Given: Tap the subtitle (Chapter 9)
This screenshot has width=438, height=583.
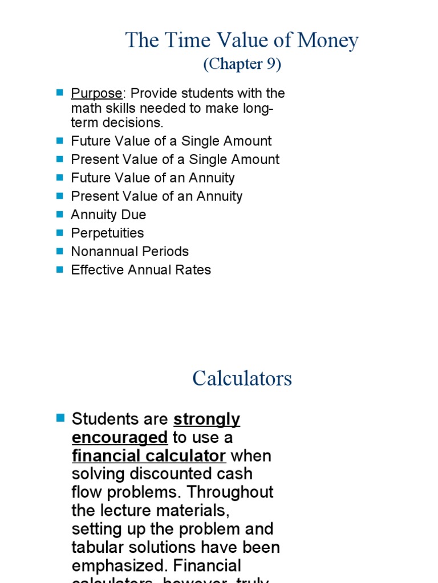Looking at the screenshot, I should point(242,64).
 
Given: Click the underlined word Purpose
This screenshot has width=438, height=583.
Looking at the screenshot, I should point(96,93).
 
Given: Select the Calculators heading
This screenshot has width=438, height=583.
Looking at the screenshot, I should point(242,379).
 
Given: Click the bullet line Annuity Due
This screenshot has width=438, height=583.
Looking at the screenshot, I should point(108,215).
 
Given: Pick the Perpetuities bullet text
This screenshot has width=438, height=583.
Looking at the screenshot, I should point(107,233).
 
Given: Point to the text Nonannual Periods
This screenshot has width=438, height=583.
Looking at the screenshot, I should point(129,251).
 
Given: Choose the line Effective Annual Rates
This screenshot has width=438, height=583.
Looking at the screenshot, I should point(141,270).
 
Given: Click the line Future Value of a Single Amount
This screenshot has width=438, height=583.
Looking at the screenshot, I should point(171,141).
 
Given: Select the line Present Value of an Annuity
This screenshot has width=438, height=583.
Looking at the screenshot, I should point(157,196).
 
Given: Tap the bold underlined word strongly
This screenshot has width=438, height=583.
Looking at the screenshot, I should point(206,420).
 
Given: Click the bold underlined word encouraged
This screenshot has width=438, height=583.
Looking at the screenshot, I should point(120,438).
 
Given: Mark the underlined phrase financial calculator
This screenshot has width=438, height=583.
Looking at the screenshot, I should point(149,456).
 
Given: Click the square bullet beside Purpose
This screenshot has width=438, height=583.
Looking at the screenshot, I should point(60,92).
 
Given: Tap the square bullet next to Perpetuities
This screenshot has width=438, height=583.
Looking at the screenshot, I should point(60,232).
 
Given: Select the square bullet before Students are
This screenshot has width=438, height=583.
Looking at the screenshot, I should point(61,418).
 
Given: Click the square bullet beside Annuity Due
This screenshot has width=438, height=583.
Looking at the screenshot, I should point(60,214).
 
